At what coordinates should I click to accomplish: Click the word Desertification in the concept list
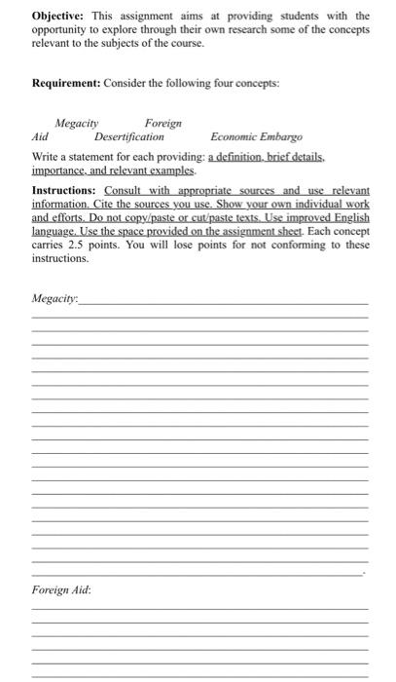point(129,137)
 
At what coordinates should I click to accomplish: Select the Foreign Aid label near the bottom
point(60,591)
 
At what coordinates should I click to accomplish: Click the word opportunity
point(62,30)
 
